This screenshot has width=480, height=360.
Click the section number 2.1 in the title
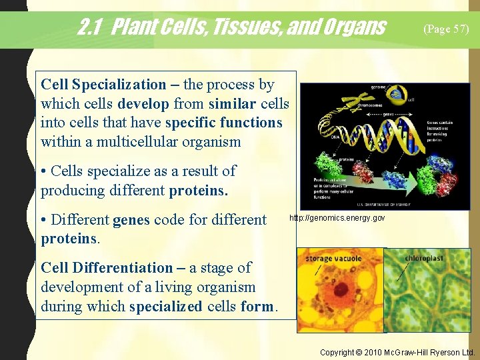pos(91,27)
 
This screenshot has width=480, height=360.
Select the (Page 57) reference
pos(446,29)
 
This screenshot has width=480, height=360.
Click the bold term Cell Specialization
pos(103,85)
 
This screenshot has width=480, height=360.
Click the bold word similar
pos(232,104)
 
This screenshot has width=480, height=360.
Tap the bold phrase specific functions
pos(223,123)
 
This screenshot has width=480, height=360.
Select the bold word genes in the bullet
pos(131,220)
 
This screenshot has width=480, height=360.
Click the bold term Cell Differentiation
pos(107,268)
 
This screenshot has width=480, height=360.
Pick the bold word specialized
pos(165,307)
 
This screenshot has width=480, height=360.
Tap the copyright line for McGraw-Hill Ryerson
pos(397,352)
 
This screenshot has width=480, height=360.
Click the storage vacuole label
pos(333,259)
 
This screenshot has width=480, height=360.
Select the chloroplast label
pos(423,258)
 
